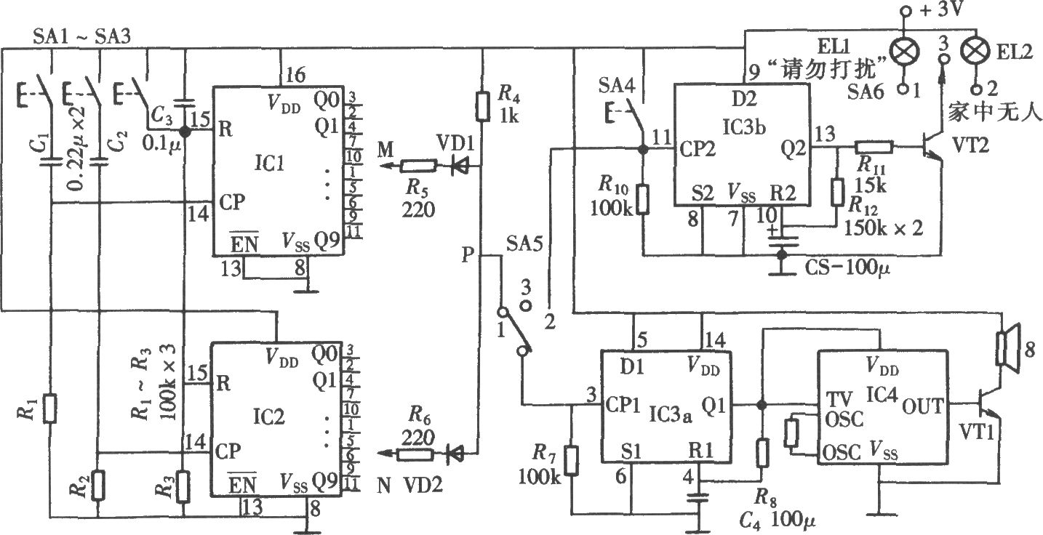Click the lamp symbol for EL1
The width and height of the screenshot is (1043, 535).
click(x=904, y=51)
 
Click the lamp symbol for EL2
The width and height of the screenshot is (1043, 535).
click(x=976, y=51)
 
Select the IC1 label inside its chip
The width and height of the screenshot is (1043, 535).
click(x=270, y=164)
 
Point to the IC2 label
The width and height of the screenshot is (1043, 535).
click(x=268, y=417)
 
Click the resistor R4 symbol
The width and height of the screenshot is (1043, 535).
click(x=483, y=107)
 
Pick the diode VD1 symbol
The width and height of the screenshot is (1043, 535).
click(x=459, y=165)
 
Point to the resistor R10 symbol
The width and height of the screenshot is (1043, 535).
click(x=642, y=199)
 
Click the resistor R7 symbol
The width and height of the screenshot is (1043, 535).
click(x=572, y=461)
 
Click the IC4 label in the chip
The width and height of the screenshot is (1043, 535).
click(x=882, y=395)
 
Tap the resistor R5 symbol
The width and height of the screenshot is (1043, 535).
click(x=419, y=166)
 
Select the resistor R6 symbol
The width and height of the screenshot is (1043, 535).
click(x=415, y=454)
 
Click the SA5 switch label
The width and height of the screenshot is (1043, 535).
click(x=524, y=244)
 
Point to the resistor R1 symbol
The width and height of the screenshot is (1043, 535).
click(x=49, y=409)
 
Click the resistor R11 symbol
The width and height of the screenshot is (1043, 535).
click(x=874, y=148)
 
